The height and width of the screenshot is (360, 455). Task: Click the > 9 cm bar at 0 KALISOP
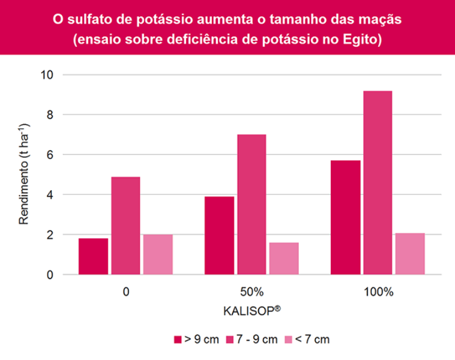coord(93,256)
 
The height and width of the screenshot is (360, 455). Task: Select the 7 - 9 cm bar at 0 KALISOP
coord(125,226)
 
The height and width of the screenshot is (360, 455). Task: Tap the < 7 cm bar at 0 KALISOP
coord(158,254)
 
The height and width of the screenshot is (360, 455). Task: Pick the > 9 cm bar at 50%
coord(219,235)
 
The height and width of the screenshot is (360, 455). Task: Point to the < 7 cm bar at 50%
coord(284,259)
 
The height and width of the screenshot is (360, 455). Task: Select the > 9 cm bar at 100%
coord(346,217)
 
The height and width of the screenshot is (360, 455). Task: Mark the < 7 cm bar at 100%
coord(410,254)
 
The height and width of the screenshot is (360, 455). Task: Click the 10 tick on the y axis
coord(47,74)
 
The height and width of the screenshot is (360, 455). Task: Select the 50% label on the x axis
coord(252,292)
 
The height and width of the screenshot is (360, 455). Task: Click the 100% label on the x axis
coord(378,292)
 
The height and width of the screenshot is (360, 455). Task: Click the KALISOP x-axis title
coord(252,312)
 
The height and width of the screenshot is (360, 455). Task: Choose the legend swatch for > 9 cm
coord(178,340)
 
